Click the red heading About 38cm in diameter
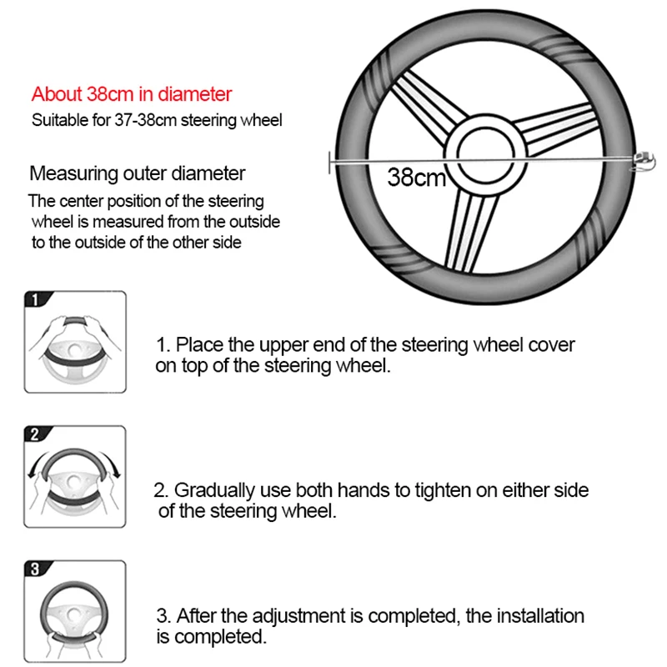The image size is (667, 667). tap(132, 94)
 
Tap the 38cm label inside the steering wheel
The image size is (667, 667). tap(417, 177)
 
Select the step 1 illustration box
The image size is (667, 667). tap(75, 342)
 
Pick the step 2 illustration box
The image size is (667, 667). tap(75, 477)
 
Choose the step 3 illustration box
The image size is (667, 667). tap(75, 611)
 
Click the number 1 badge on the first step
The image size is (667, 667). tap(34, 299)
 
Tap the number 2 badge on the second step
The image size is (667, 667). tap(34, 434)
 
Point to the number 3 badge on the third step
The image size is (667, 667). tap(34, 569)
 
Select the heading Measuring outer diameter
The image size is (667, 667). tap(138, 173)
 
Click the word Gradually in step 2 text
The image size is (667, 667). tap(208, 490)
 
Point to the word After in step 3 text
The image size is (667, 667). tap(194, 617)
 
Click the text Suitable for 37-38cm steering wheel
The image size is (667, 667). tap(157, 120)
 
